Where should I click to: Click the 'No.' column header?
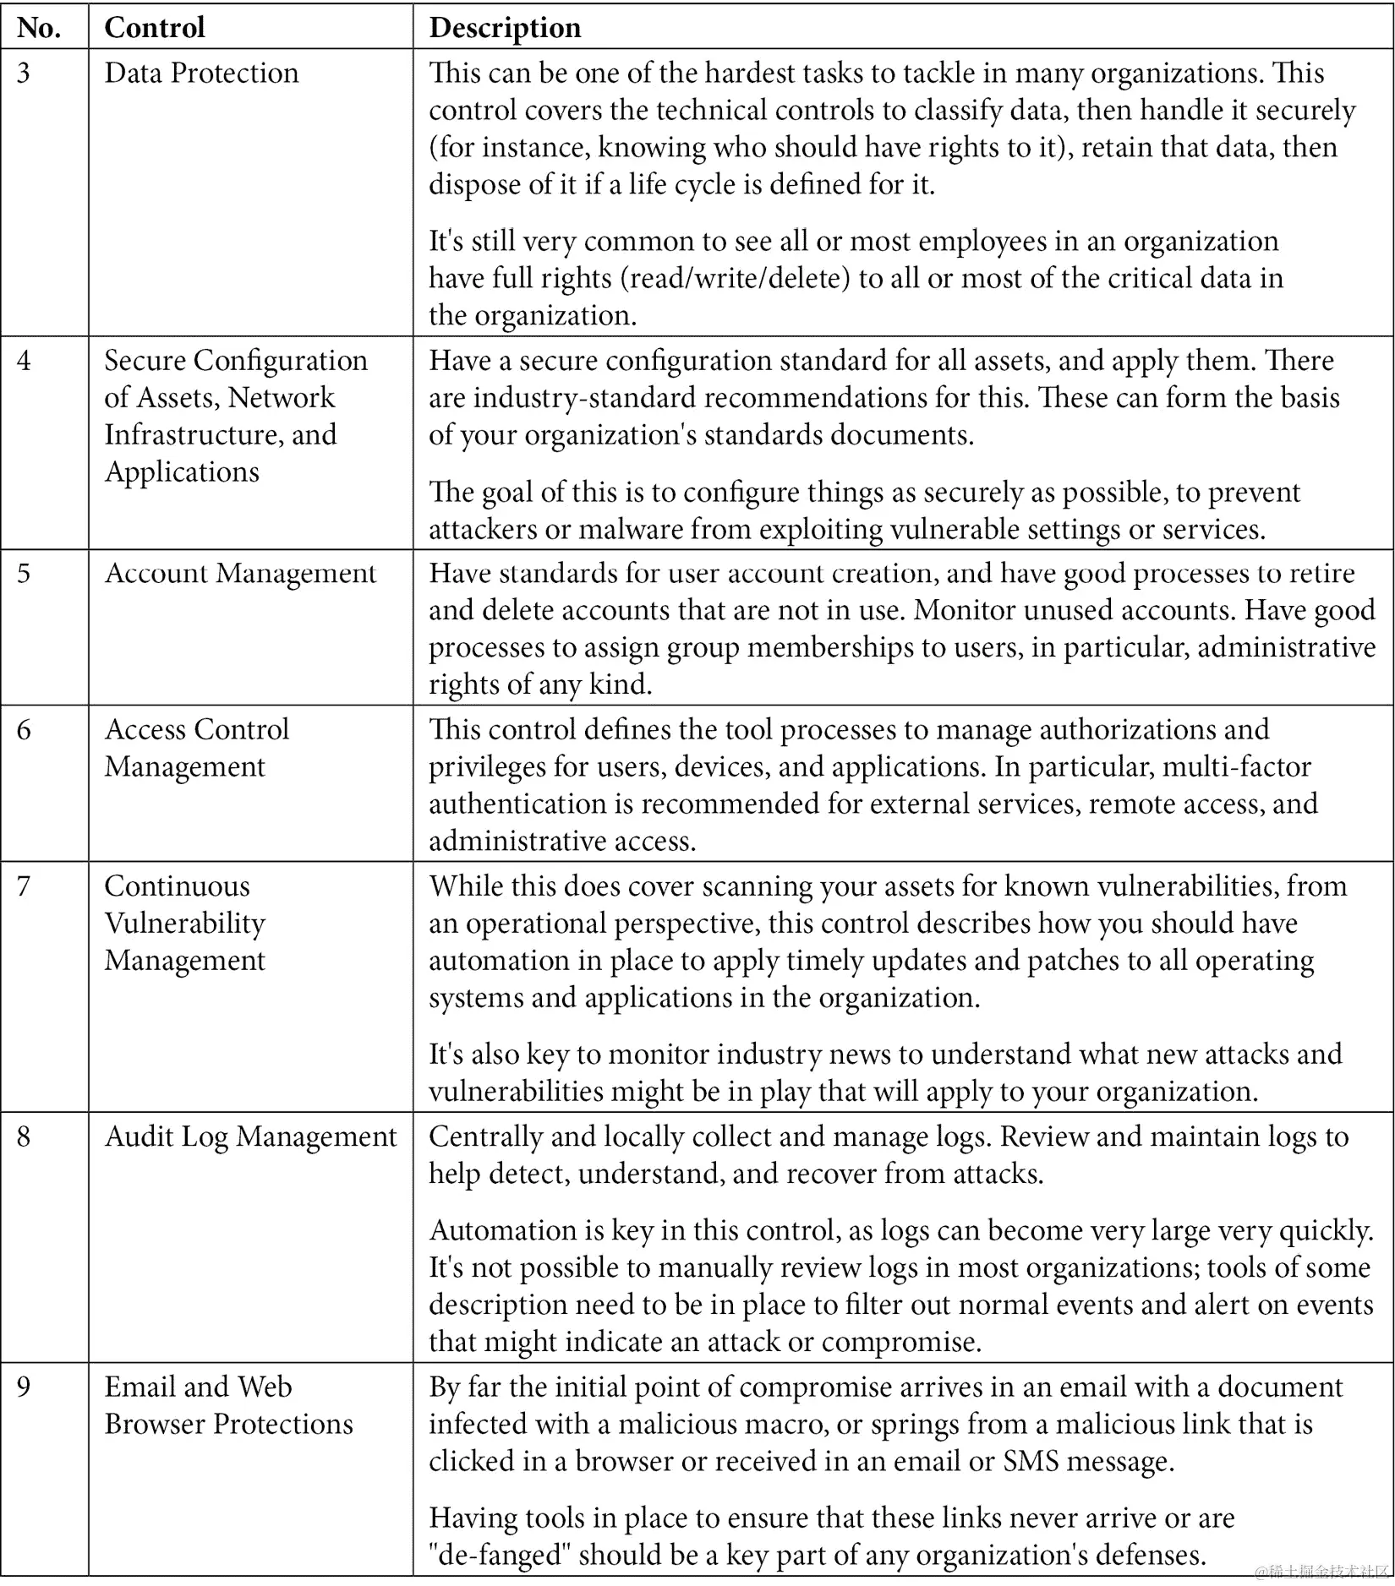pyautogui.click(x=38, y=28)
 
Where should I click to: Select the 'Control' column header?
pyautogui.click(x=155, y=28)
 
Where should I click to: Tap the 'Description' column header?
pyautogui.click(x=505, y=28)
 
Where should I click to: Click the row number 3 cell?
pyautogui.click(x=24, y=73)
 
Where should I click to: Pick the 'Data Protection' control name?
pyautogui.click(x=201, y=73)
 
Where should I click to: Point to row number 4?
pyautogui.click(x=24, y=361)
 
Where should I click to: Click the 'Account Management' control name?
pyautogui.click(x=240, y=573)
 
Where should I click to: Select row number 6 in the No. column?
pyautogui.click(x=24, y=729)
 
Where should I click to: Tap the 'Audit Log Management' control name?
pyautogui.click(x=250, y=1136)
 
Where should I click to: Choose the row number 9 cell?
pyautogui.click(x=24, y=1387)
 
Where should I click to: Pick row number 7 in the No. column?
pyautogui.click(x=24, y=886)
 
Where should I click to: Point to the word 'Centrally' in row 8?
pyautogui.click(x=486, y=1136)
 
